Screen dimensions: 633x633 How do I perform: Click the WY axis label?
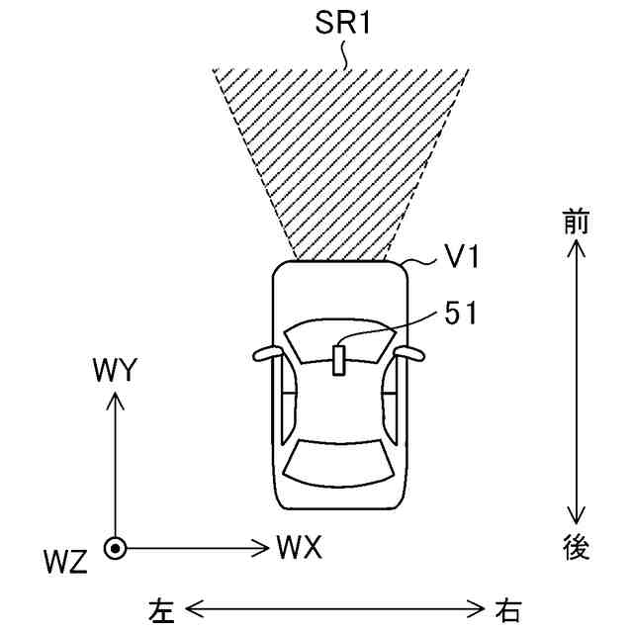coord(115,371)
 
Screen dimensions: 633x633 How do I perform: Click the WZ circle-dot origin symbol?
coord(115,547)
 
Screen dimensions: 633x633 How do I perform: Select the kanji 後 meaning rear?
coord(576,548)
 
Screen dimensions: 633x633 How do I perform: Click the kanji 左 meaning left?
coord(161,608)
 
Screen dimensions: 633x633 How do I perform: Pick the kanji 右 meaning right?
coord(509,608)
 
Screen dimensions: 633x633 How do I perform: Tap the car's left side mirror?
coord(266,353)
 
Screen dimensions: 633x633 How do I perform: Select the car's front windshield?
coord(339,341)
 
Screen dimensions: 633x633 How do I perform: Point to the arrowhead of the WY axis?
coord(115,398)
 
